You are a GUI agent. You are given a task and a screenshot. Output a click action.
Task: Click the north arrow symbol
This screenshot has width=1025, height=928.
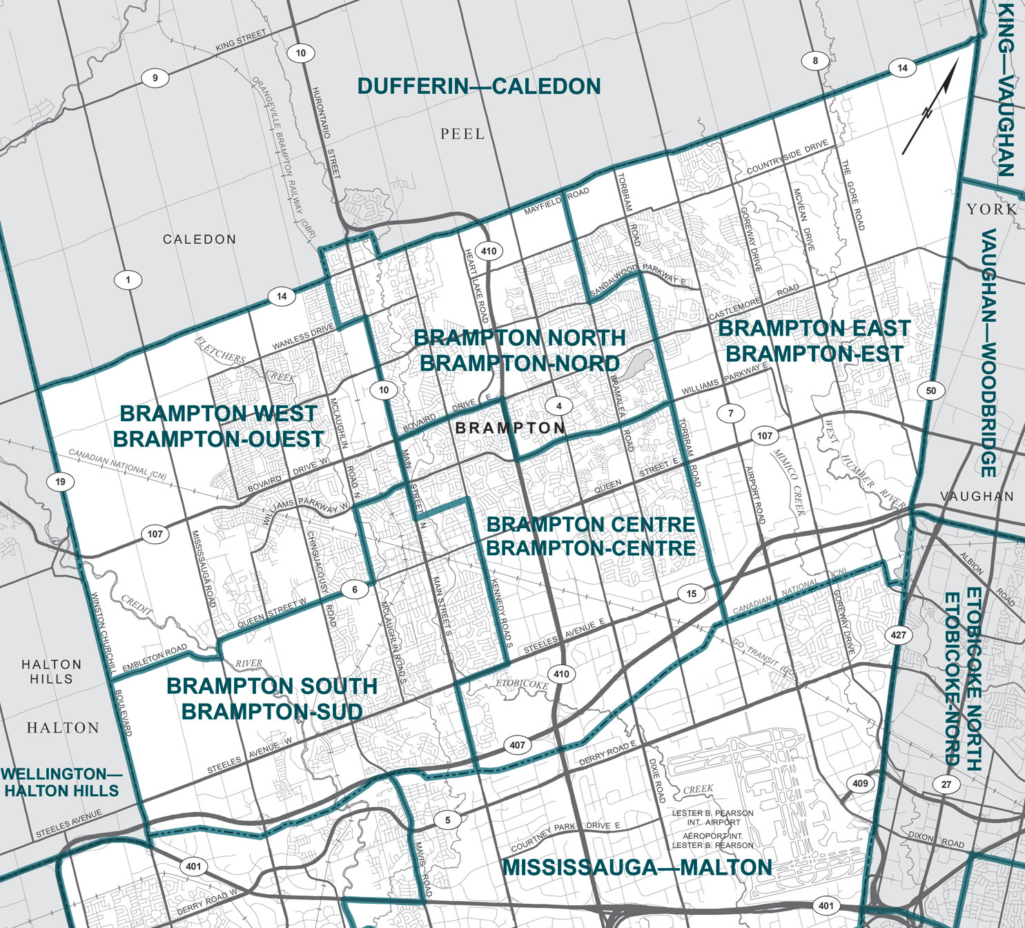pos(930,108)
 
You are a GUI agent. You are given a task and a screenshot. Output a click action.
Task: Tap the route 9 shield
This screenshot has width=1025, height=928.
pos(155,78)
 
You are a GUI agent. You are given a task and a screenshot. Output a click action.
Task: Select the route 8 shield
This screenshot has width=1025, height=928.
pos(815,61)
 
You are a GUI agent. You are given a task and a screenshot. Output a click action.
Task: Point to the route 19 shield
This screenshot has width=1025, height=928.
pos(61,482)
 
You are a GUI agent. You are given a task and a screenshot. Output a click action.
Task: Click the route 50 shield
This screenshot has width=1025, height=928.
pos(931,391)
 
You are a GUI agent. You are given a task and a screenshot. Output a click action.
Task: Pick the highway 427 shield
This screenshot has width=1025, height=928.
pos(898,635)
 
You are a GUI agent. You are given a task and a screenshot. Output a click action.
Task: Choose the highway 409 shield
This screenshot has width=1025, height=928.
pos(860,783)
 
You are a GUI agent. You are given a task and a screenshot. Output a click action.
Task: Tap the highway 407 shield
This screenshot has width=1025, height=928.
pos(518,745)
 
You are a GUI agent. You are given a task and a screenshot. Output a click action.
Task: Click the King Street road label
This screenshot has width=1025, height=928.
pos(240,41)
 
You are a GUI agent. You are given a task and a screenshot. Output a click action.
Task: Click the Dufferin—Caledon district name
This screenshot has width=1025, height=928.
pos(479,87)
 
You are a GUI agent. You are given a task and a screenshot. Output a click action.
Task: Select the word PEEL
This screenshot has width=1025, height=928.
pos(462,134)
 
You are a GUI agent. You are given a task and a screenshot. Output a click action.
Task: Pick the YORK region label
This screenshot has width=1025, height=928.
pos(991,209)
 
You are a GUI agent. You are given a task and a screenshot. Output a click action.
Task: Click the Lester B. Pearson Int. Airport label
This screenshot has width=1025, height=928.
pos(713,818)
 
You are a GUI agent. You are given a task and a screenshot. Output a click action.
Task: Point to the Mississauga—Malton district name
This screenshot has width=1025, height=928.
pos(636,868)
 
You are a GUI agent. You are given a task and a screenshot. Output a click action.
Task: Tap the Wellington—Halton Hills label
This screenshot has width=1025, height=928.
pos(61,782)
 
